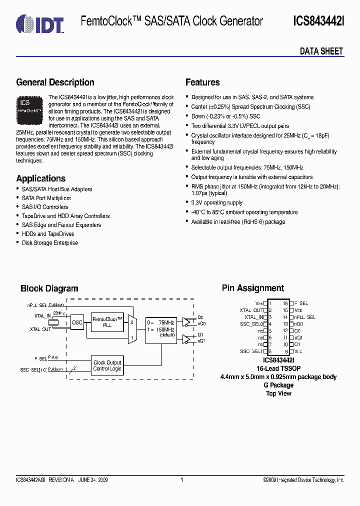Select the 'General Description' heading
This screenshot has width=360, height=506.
click(x=55, y=82)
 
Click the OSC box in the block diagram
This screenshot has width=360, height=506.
click(x=77, y=322)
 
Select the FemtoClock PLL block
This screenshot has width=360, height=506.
click(x=107, y=321)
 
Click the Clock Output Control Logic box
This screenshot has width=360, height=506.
click(x=107, y=365)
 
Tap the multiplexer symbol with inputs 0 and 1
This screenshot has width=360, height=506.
click(x=132, y=329)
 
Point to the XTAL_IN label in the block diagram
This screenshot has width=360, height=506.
click(x=42, y=316)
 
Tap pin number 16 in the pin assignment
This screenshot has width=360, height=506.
click(x=285, y=303)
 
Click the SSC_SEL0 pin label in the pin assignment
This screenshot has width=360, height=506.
click(x=251, y=324)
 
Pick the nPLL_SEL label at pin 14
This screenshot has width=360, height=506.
click(x=304, y=317)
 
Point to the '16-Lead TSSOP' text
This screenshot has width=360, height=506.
click(x=278, y=368)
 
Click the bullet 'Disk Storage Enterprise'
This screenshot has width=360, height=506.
click(x=50, y=243)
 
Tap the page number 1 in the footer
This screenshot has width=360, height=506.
click(x=181, y=480)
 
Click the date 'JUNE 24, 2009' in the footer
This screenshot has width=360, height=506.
click(x=93, y=480)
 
